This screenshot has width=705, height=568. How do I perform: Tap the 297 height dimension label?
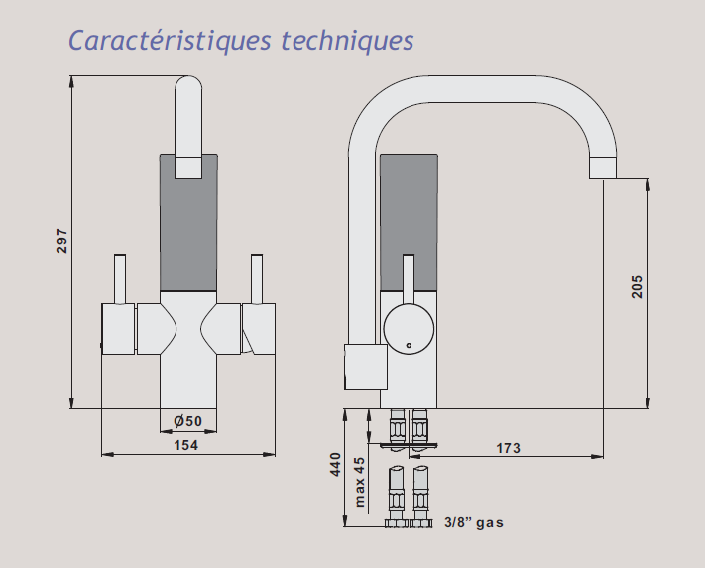[60, 243]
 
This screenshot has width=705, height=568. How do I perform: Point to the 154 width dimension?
[186, 445]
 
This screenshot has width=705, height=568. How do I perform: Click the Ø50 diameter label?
[187, 421]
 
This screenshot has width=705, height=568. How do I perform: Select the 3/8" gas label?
[474, 522]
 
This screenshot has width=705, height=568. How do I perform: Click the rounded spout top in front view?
[188, 99]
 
